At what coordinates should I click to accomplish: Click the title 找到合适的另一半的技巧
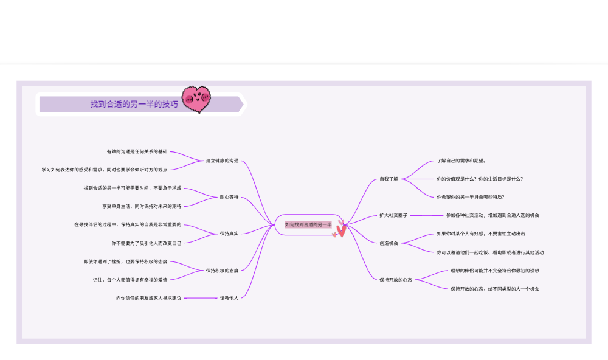coord(134,104)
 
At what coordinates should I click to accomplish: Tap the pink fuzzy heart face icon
coord(196,99)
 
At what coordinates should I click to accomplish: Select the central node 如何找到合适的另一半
coord(308,224)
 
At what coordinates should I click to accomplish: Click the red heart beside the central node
coord(341,230)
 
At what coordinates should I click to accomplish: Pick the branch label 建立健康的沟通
coord(222,161)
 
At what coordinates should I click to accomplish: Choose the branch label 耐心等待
coord(229,197)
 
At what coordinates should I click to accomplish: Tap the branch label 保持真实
coord(229,234)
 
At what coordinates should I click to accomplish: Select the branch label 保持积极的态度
coord(222,271)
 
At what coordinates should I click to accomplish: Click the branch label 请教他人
coord(229,298)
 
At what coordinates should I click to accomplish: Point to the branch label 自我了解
coord(389,179)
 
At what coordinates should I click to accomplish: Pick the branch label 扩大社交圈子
coord(393,215)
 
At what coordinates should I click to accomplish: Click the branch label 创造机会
coord(389,243)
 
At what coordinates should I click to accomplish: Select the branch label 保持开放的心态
coord(396,280)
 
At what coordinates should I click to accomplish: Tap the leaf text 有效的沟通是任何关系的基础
coord(137,151)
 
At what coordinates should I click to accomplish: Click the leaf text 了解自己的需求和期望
coord(461,161)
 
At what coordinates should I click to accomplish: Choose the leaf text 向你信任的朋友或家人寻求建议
coord(149,298)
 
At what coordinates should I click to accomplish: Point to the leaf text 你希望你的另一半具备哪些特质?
coord(471,197)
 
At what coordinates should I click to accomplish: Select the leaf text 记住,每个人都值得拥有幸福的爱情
coord(130,280)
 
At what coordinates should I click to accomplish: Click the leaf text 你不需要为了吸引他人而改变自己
coord(147,243)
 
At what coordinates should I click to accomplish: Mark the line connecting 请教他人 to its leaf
coord(201,298)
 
